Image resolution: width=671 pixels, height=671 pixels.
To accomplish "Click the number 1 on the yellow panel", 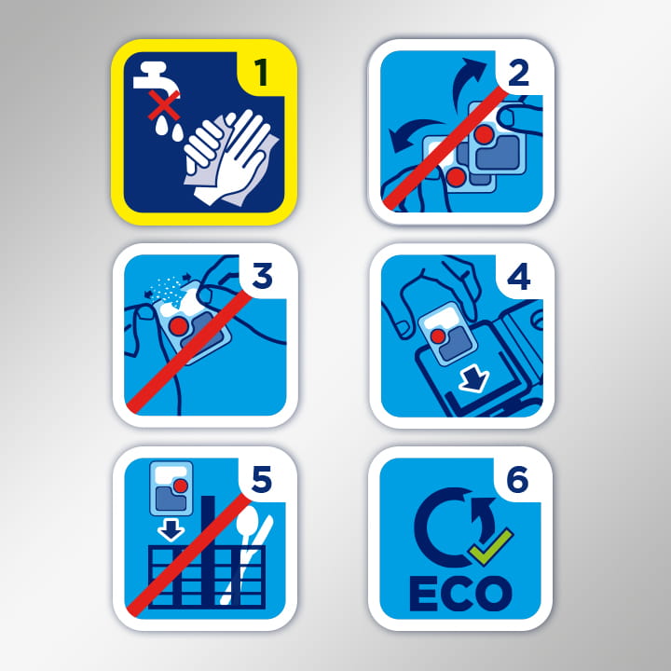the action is pos(261,73).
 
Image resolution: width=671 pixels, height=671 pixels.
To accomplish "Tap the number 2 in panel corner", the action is pos(519,73).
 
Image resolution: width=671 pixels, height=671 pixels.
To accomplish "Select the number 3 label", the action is pos(262,276).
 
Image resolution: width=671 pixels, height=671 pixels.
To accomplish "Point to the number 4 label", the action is pos(519,277).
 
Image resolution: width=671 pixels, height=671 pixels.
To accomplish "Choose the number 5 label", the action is pos(262,479).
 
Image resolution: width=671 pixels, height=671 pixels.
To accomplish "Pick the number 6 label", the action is pos(518,480).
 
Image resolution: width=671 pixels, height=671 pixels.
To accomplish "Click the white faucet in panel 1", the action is pos(156,78).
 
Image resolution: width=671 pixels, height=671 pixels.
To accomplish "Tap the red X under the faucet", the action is pos(164,105).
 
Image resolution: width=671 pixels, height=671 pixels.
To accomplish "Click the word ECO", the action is pos(460,593).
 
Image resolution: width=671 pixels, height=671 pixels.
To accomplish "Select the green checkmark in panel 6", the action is pos(490,548).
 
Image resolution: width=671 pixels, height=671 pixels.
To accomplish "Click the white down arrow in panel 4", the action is pos(473,379).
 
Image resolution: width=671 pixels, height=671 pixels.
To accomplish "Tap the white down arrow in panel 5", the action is pos(171,529).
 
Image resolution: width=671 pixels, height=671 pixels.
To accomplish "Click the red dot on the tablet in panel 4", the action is pos(438,335).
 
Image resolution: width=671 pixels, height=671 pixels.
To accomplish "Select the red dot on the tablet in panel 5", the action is pos(180,486).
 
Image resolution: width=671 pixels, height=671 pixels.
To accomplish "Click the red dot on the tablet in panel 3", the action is pos(178,326).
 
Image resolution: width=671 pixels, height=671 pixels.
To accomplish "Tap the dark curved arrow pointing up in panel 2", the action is pos(467,81).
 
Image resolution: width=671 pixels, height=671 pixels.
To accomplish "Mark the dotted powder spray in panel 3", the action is pos(167,289).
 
